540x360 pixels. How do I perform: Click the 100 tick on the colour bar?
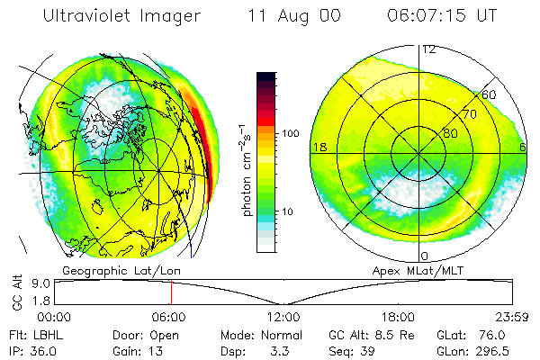tap(290, 133)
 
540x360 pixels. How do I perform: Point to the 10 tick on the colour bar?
tap(288, 212)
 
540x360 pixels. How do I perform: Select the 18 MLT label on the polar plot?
tap(318, 147)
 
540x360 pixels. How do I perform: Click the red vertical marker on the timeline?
tap(171, 292)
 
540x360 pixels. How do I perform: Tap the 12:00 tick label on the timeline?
tap(283, 317)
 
